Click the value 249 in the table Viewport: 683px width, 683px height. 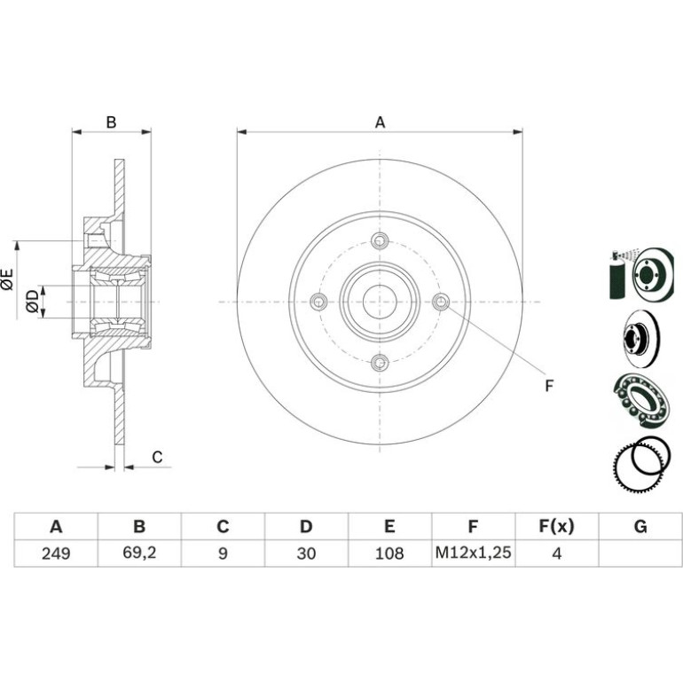[x=56, y=553]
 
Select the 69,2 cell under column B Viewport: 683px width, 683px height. [x=139, y=553]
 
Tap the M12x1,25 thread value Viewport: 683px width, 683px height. [x=473, y=553]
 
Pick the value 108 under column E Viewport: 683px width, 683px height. [x=389, y=553]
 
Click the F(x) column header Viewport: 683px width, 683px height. [x=556, y=526]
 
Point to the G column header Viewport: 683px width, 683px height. [x=640, y=527]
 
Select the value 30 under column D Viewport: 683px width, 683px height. [x=306, y=553]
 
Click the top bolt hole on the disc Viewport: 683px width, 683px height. [x=380, y=240]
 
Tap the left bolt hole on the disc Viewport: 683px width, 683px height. [x=318, y=302]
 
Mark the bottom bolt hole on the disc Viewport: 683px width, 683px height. [x=380, y=363]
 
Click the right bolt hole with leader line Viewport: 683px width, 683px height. [x=441, y=302]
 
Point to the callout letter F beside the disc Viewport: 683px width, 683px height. [x=549, y=386]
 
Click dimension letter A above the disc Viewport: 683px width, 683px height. [x=380, y=122]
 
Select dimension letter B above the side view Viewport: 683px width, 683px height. [x=111, y=122]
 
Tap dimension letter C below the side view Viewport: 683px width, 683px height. [x=157, y=457]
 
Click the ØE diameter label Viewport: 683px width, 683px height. [x=7, y=279]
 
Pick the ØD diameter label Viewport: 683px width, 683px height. [x=32, y=302]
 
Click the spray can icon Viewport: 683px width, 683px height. [x=616, y=274]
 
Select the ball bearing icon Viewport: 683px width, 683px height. [x=641, y=399]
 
